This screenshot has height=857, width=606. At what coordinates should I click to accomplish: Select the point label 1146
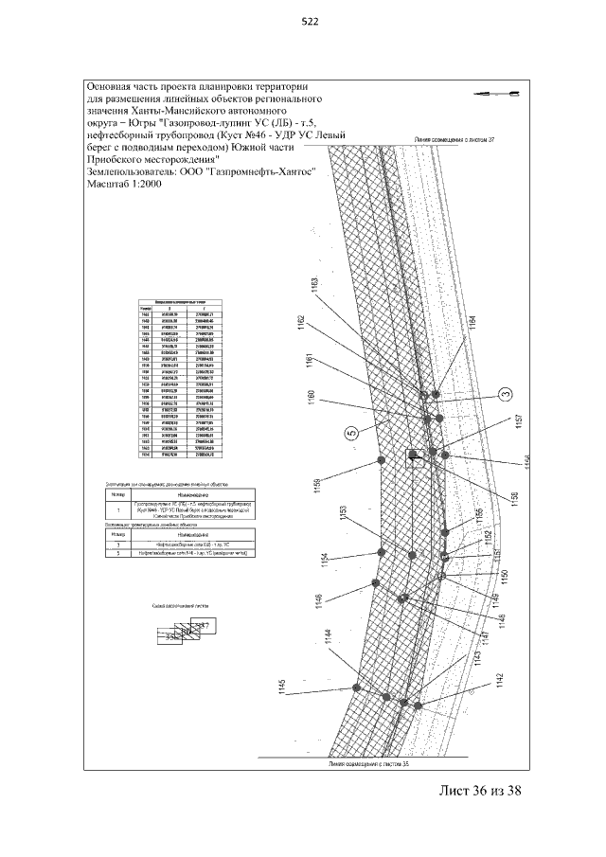pos(319,603)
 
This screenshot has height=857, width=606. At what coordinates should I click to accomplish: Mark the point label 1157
pos(518,422)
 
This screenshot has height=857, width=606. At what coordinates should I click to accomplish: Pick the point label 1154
pos(324,562)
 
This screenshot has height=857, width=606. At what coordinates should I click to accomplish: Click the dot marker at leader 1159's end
pos(381,459)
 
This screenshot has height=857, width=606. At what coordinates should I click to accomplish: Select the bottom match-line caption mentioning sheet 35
pos(369,760)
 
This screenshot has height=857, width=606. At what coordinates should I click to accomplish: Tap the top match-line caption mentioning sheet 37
pos(455,138)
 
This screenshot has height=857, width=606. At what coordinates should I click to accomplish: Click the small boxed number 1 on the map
pos(413,454)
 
